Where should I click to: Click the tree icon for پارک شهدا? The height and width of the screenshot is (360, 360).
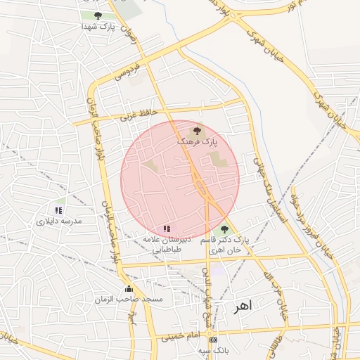point(97,15)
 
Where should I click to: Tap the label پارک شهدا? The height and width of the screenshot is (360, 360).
point(97,26)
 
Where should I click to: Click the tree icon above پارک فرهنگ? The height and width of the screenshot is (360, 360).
point(196,131)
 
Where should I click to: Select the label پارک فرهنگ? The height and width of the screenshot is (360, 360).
point(197,141)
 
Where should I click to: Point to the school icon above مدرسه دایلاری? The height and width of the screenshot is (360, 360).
point(59,210)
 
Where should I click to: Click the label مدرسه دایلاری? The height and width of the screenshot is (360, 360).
point(60,221)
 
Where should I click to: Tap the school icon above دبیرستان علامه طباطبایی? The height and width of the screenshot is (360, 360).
point(167,229)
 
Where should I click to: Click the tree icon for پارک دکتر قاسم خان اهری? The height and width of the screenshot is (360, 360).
point(224,229)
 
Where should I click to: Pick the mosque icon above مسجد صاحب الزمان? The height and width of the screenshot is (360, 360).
point(128,289)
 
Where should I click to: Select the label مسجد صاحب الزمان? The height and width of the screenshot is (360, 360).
point(129,300)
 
